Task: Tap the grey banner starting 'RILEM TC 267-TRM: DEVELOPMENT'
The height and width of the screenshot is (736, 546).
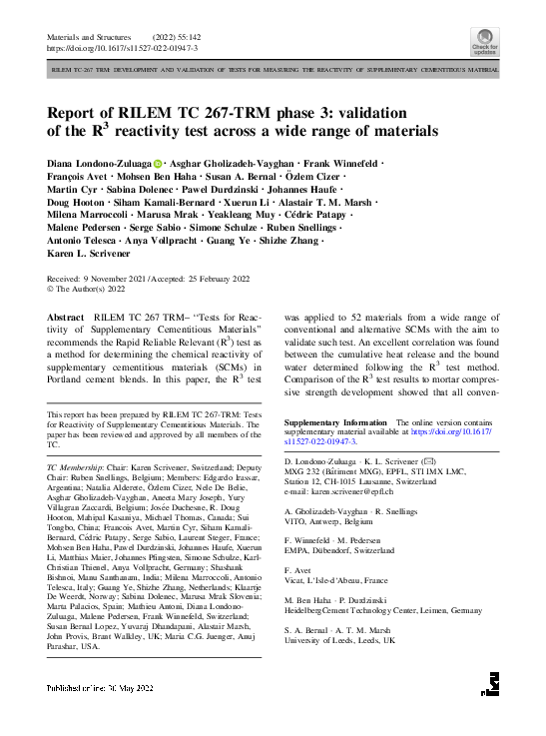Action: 273,71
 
